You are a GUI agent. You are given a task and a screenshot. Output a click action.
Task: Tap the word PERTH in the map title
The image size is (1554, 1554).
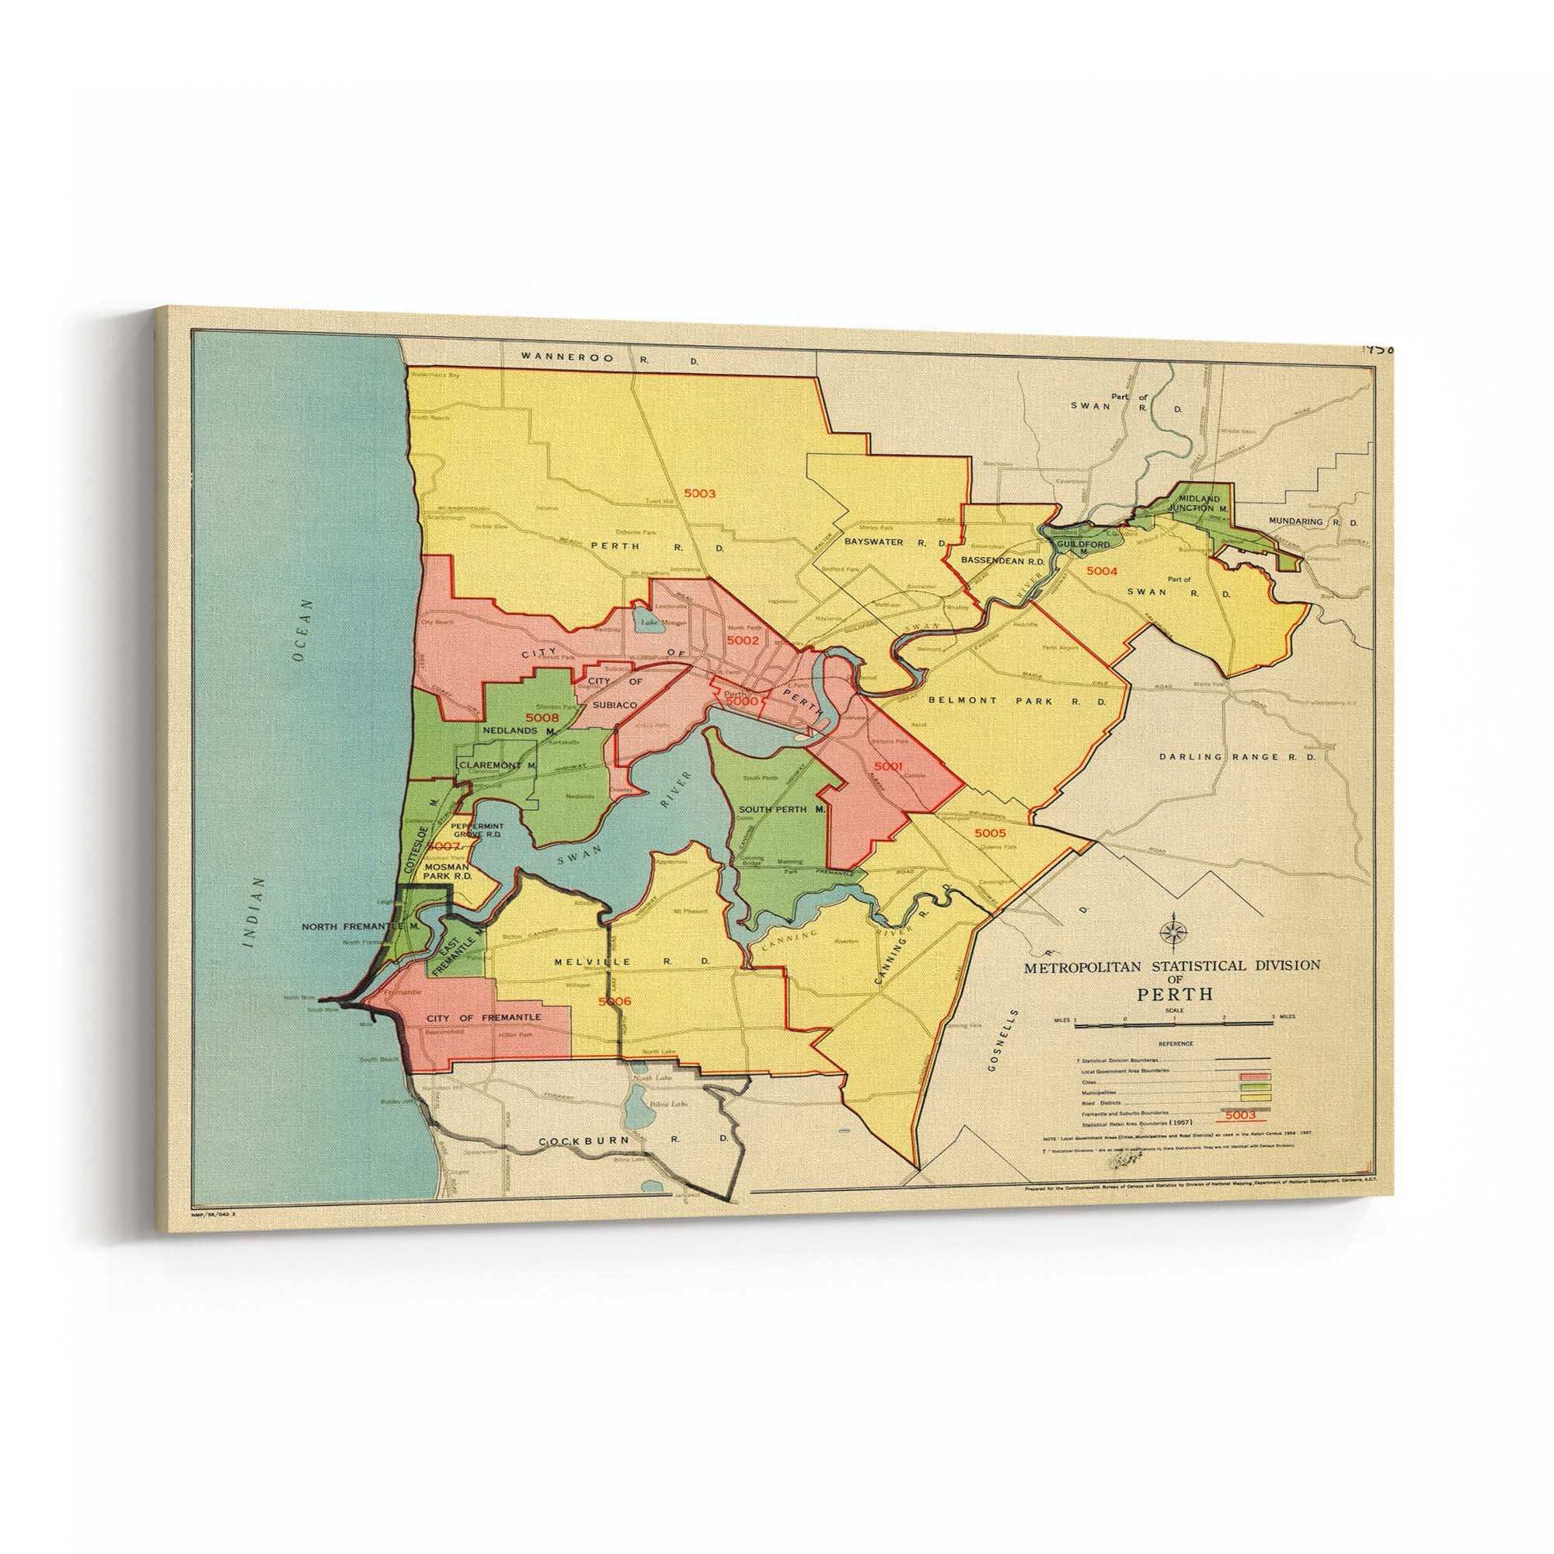tap(1174, 995)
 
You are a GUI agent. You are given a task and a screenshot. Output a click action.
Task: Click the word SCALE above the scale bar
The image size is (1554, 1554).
tap(1175, 1010)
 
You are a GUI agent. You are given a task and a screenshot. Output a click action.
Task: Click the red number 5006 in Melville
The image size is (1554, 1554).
tap(615, 1002)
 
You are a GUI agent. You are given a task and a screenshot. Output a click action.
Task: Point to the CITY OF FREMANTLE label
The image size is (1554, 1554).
tap(483, 1018)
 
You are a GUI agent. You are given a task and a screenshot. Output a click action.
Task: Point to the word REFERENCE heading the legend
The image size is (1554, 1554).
tap(1175, 1044)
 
